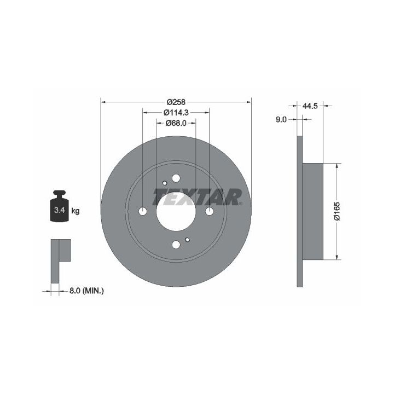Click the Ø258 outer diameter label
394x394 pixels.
click(176, 102)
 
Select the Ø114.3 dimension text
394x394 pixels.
click(176, 113)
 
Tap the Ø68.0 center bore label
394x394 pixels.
click(176, 123)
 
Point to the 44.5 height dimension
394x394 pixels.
click(310, 106)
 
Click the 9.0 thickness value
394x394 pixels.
click(281, 120)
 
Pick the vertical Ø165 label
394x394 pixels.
click(337, 211)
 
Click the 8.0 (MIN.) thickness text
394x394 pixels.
click(86, 291)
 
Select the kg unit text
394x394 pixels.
click(76, 211)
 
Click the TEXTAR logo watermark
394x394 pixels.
click(198, 197)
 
